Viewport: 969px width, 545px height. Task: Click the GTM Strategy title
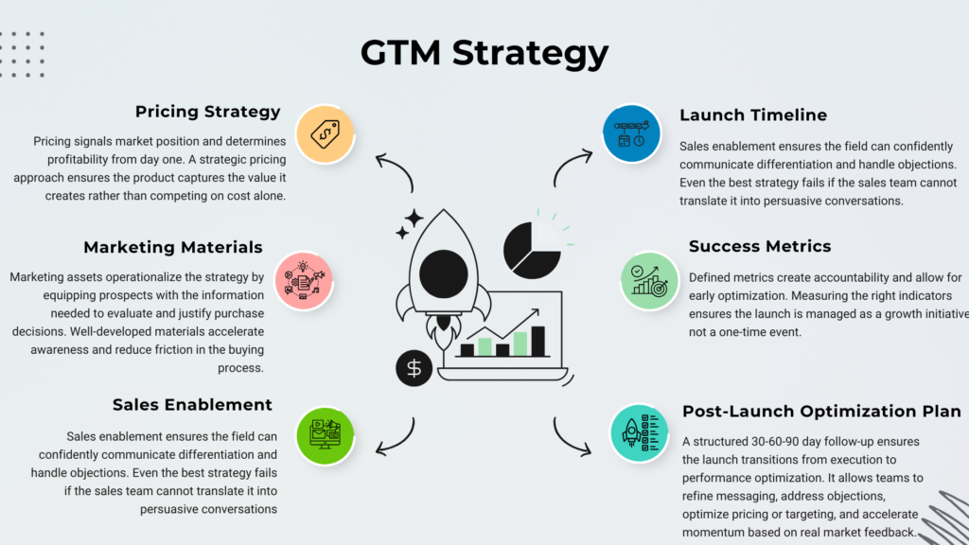click(x=484, y=52)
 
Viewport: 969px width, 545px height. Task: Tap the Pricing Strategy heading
click(x=207, y=112)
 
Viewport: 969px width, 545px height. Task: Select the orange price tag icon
click(x=325, y=133)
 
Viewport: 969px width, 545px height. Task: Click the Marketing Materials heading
click(x=172, y=248)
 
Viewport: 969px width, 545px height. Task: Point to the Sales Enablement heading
click(x=192, y=405)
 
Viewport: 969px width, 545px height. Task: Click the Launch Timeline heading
click(x=753, y=115)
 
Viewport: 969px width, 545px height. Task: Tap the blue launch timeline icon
click(x=631, y=133)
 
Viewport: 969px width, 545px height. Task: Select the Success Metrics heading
click(x=760, y=247)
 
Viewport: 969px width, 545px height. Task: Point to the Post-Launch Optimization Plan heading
click(x=821, y=412)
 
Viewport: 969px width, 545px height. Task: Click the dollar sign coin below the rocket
click(x=414, y=368)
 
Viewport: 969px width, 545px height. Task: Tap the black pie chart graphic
click(x=531, y=248)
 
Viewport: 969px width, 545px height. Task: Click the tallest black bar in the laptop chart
click(x=537, y=342)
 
